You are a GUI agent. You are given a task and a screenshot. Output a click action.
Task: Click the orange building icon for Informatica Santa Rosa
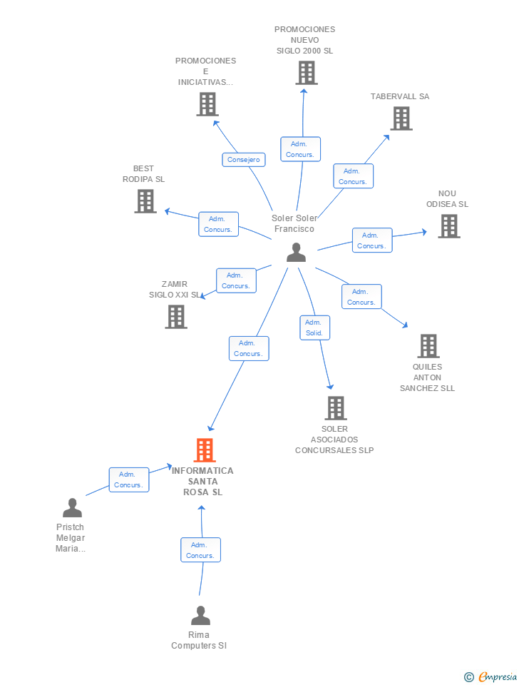pos(205,450)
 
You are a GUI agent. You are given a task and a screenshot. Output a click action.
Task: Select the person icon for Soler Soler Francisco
pos(296,253)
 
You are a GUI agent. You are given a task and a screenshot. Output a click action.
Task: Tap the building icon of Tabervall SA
pos(401,118)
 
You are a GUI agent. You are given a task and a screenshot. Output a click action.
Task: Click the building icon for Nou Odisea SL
pos(448,226)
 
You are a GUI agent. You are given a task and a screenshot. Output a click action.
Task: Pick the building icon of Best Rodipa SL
pos(145,201)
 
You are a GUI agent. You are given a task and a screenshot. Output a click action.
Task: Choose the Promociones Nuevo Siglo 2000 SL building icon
pos(306,73)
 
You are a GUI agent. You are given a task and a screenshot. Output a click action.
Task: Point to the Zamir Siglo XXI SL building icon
pos(176,317)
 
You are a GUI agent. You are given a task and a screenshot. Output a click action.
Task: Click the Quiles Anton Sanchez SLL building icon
pos(428,346)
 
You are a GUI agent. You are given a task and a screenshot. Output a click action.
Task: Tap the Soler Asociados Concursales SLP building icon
pos(335,408)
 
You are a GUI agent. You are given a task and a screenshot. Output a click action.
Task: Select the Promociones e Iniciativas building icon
pos(207,104)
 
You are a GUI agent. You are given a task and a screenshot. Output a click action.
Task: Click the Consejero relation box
pos(244,160)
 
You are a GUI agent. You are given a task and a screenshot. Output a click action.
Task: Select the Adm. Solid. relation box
pos(314,328)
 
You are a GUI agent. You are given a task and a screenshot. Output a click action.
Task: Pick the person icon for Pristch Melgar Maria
pos(72,508)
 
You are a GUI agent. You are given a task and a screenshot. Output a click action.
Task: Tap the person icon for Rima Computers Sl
pos(200,616)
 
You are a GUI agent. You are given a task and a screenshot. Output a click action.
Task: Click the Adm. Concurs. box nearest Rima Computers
pos(200,550)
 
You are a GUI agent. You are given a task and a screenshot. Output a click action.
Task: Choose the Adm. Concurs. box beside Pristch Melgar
pos(128,479)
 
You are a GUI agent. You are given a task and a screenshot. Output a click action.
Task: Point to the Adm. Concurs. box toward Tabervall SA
pos(353,176)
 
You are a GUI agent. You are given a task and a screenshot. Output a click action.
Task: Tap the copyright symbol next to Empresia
pos(469,677)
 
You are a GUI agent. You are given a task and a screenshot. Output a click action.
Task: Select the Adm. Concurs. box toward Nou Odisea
pos(371,240)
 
